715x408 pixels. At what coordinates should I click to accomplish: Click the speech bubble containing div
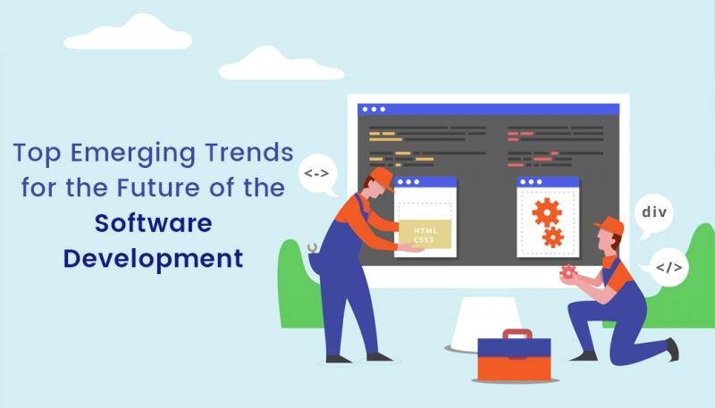654,214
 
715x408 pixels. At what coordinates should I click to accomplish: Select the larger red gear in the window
546,211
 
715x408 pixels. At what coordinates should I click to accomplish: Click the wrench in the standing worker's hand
312,250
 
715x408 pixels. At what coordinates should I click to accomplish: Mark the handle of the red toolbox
517,337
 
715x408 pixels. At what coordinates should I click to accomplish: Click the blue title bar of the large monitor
487,109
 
